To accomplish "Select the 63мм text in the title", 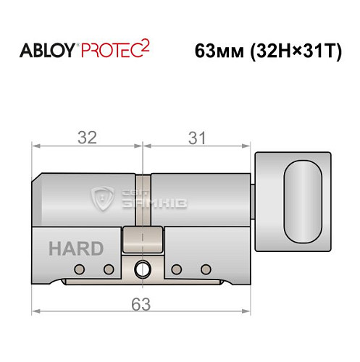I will tap(219, 52).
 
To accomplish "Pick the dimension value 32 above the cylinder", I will tap(88, 136).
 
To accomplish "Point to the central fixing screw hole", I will tap(143, 270).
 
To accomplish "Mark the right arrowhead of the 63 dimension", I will tap(251, 312).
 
